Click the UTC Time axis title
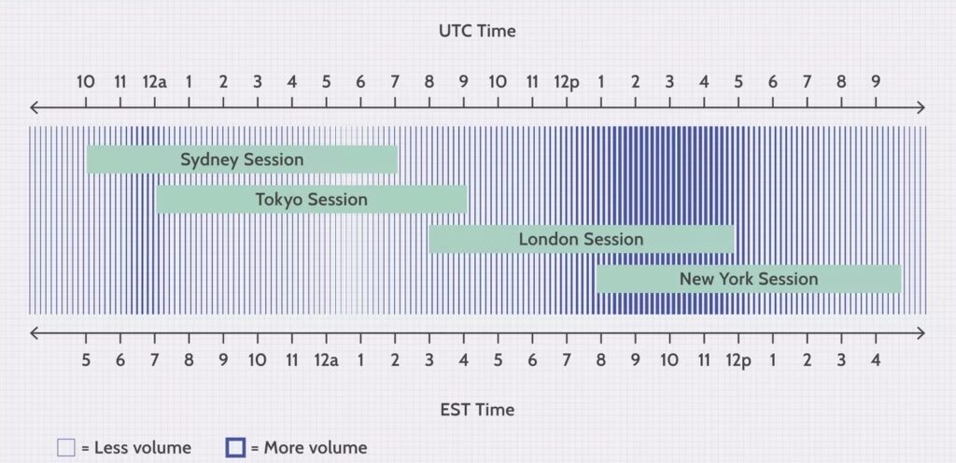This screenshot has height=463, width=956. (477, 31)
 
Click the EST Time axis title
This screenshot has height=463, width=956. (477, 410)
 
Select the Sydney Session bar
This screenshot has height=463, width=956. (242, 160)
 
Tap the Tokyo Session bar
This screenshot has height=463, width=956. (312, 199)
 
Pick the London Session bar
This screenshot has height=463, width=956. (581, 239)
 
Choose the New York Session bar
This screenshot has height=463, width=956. (749, 279)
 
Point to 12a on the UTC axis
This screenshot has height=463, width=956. (154, 81)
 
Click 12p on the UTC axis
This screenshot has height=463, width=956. (567, 82)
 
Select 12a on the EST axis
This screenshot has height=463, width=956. (326, 360)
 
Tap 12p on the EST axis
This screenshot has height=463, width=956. (738, 361)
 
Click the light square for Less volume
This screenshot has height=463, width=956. (66, 448)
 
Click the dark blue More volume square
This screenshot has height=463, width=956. (235, 448)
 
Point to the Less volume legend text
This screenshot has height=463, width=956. (136, 448)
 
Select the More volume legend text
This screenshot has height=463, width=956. (308, 448)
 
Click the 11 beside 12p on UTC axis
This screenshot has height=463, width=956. (532, 81)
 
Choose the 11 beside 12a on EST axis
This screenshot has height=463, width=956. (292, 360)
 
